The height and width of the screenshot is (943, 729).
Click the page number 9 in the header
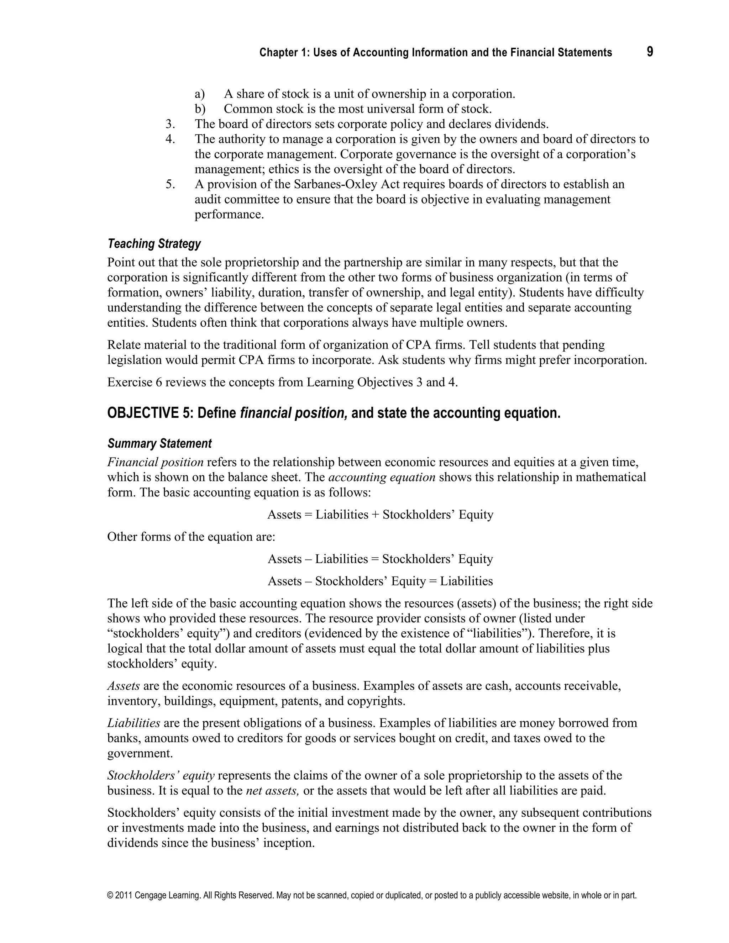coord(650,52)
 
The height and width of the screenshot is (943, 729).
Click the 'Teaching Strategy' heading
coord(154,244)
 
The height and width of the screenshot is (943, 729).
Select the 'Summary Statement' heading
coord(159,443)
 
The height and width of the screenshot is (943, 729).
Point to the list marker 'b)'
coord(200,109)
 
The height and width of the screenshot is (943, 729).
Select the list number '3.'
coord(170,124)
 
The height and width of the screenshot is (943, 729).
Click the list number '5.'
coord(170,184)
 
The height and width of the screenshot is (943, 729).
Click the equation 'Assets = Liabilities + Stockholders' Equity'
coord(380,515)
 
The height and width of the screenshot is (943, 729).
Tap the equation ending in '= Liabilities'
coord(380,581)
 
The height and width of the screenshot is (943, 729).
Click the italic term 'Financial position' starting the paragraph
coord(156,463)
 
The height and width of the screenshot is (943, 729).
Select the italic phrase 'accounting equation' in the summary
coord(382,478)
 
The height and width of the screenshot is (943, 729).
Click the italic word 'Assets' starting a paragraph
coord(124,686)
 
